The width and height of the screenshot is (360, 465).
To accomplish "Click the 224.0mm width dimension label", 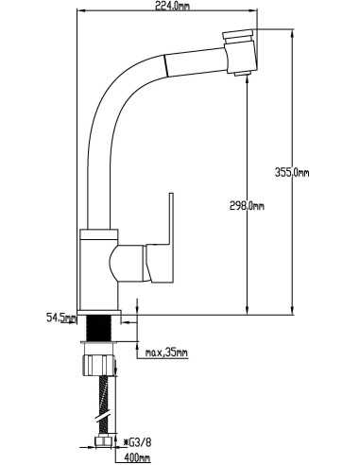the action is pos(173,6).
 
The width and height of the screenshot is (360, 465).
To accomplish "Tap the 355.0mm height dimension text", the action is pos(292,172).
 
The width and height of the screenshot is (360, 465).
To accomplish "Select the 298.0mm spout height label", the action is pos(247,206).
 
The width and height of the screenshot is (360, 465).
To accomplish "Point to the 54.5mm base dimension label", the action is pos(61,318).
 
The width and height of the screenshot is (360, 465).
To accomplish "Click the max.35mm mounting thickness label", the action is pos(166,353).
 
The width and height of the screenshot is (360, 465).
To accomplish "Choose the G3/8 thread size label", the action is pos(138,442).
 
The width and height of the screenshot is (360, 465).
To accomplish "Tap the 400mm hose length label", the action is pos(137,456).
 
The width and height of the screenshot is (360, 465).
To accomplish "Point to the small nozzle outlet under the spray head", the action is pos(242,74).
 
